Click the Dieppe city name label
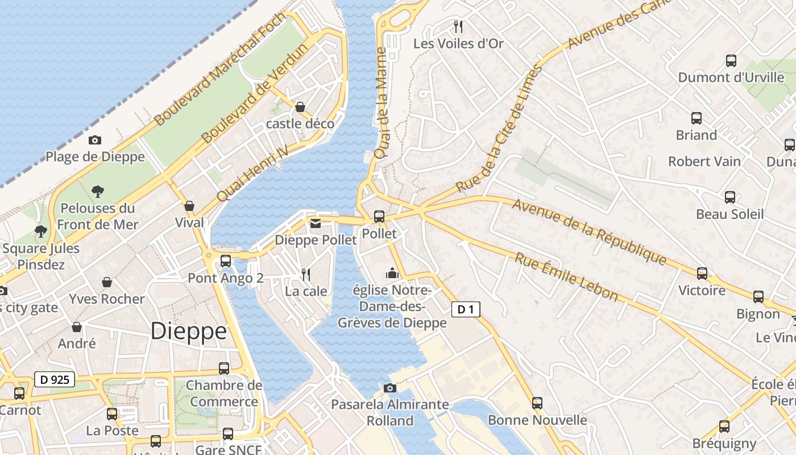[188, 331]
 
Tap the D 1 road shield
[466, 309]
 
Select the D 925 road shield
[55, 379]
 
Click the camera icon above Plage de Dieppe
[95, 140]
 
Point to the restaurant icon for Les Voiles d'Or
[458, 26]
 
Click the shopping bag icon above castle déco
[300, 107]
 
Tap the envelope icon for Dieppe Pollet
[316, 224]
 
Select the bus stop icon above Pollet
[379, 217]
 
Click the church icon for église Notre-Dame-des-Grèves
[392, 274]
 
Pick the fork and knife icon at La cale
[306, 275]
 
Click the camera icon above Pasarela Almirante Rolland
[389, 388]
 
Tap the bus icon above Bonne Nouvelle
[537, 403]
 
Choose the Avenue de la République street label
[589, 231]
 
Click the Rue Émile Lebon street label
[566, 276]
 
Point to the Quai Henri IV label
[253, 172]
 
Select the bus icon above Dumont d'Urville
[731, 60]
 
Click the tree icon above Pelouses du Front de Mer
[98, 191]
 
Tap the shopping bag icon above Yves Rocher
[106, 282]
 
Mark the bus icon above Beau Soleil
[730, 197]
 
